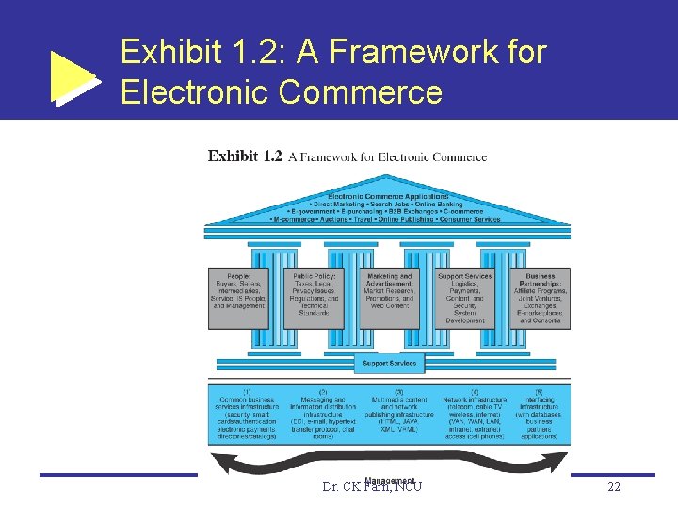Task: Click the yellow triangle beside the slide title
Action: tap(73, 74)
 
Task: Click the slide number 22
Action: tap(614, 486)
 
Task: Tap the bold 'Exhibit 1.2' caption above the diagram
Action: tap(245, 156)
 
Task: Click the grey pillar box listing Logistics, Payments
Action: tap(465, 298)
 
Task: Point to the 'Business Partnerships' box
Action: tap(539, 298)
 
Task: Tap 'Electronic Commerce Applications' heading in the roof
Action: tap(388, 196)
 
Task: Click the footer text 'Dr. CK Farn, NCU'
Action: tap(371, 487)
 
